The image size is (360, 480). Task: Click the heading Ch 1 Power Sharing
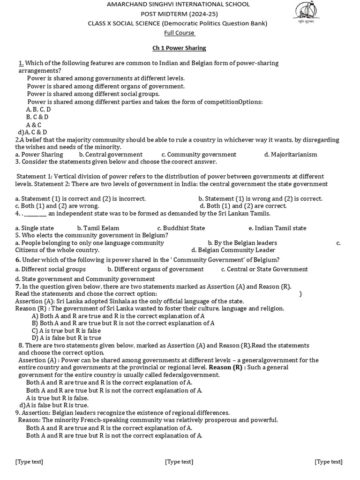coord(179,48)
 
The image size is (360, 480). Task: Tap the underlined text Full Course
coord(179,32)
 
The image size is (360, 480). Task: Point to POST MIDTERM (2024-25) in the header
coord(179,14)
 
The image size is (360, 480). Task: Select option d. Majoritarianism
coord(291,154)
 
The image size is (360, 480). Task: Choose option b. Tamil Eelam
coord(98,228)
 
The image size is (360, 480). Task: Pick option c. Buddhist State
coord(181,228)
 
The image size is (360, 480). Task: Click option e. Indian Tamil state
coord(277,228)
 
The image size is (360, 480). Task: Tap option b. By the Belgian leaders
coord(242,243)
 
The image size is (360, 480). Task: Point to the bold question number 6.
coord(18,260)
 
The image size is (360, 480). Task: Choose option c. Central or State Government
coord(264,269)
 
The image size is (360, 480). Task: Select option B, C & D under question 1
coord(37,117)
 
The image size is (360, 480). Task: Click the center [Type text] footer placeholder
coord(179,462)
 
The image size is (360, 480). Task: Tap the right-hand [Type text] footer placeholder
coord(328,462)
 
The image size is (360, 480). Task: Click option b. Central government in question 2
coord(111,154)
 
